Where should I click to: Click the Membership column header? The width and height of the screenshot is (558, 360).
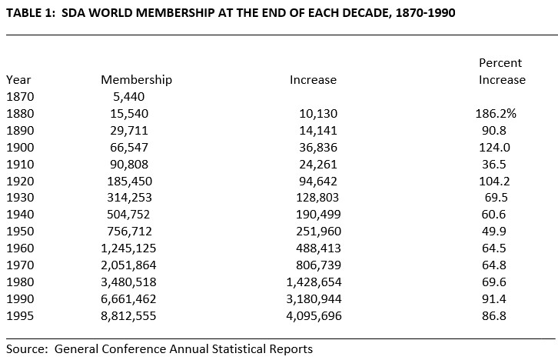coord(136,80)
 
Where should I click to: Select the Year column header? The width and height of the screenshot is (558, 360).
coord(18,80)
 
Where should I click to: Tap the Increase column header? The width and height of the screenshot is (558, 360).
coord(313,80)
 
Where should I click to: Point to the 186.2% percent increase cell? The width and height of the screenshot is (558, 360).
coord(496,114)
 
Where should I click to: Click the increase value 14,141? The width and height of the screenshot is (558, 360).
coord(318,131)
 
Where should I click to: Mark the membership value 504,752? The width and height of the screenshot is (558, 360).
coord(129,215)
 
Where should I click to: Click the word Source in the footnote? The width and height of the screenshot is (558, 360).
coord(26,349)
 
